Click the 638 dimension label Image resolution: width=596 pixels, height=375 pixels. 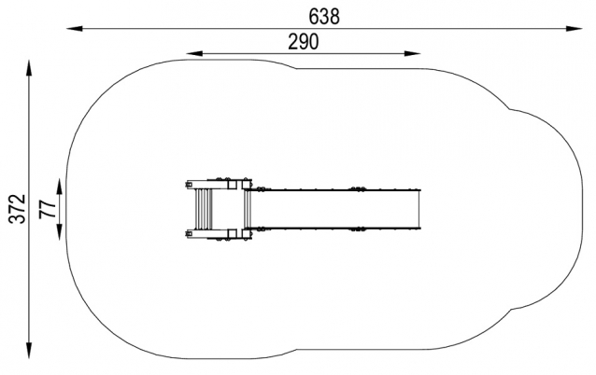(x=324, y=17)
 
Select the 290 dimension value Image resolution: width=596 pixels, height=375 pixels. (x=304, y=42)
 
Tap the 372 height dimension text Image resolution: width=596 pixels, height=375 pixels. (x=17, y=209)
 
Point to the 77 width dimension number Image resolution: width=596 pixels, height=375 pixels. (x=48, y=209)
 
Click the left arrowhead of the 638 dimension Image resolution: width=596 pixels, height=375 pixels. (x=75, y=29)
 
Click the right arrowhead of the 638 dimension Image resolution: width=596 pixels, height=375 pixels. (x=574, y=29)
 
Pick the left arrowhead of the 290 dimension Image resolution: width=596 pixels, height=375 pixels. (x=194, y=53)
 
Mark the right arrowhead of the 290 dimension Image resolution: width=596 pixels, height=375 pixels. (x=412, y=53)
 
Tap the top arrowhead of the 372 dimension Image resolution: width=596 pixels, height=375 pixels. (x=29, y=68)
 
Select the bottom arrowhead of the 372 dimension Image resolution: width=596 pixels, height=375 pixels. (x=29, y=351)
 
